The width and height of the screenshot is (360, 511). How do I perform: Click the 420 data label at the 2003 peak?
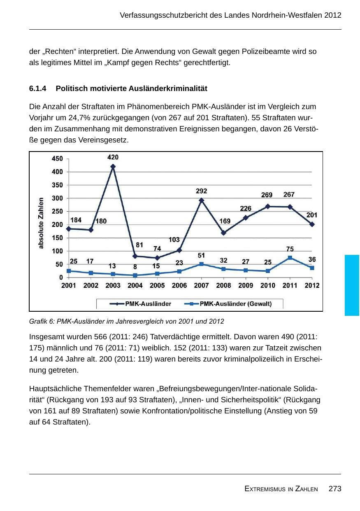tap(113, 157)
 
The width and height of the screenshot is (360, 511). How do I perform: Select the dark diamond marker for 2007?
tap(202, 201)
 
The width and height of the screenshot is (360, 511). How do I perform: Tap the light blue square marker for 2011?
tap(290, 258)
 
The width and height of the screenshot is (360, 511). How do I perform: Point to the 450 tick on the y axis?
tap(57, 159)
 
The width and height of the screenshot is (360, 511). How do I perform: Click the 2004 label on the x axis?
tap(135, 285)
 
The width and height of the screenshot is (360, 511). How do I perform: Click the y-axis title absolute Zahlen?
tap(41, 223)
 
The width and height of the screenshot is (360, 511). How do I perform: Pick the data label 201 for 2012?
tap(312, 215)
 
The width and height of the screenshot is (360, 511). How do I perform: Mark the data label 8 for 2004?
tap(135, 267)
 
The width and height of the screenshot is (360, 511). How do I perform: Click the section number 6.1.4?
tap(38, 89)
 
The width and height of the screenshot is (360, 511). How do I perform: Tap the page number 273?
tap(335, 489)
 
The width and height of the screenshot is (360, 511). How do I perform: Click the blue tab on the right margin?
tap(352, 285)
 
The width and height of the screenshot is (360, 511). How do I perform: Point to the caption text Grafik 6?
tap(42, 321)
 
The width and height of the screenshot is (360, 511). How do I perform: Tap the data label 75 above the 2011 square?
tap(290, 249)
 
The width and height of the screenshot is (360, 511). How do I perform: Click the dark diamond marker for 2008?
tap(223, 233)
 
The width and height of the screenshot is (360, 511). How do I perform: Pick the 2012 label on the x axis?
tap(312, 285)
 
